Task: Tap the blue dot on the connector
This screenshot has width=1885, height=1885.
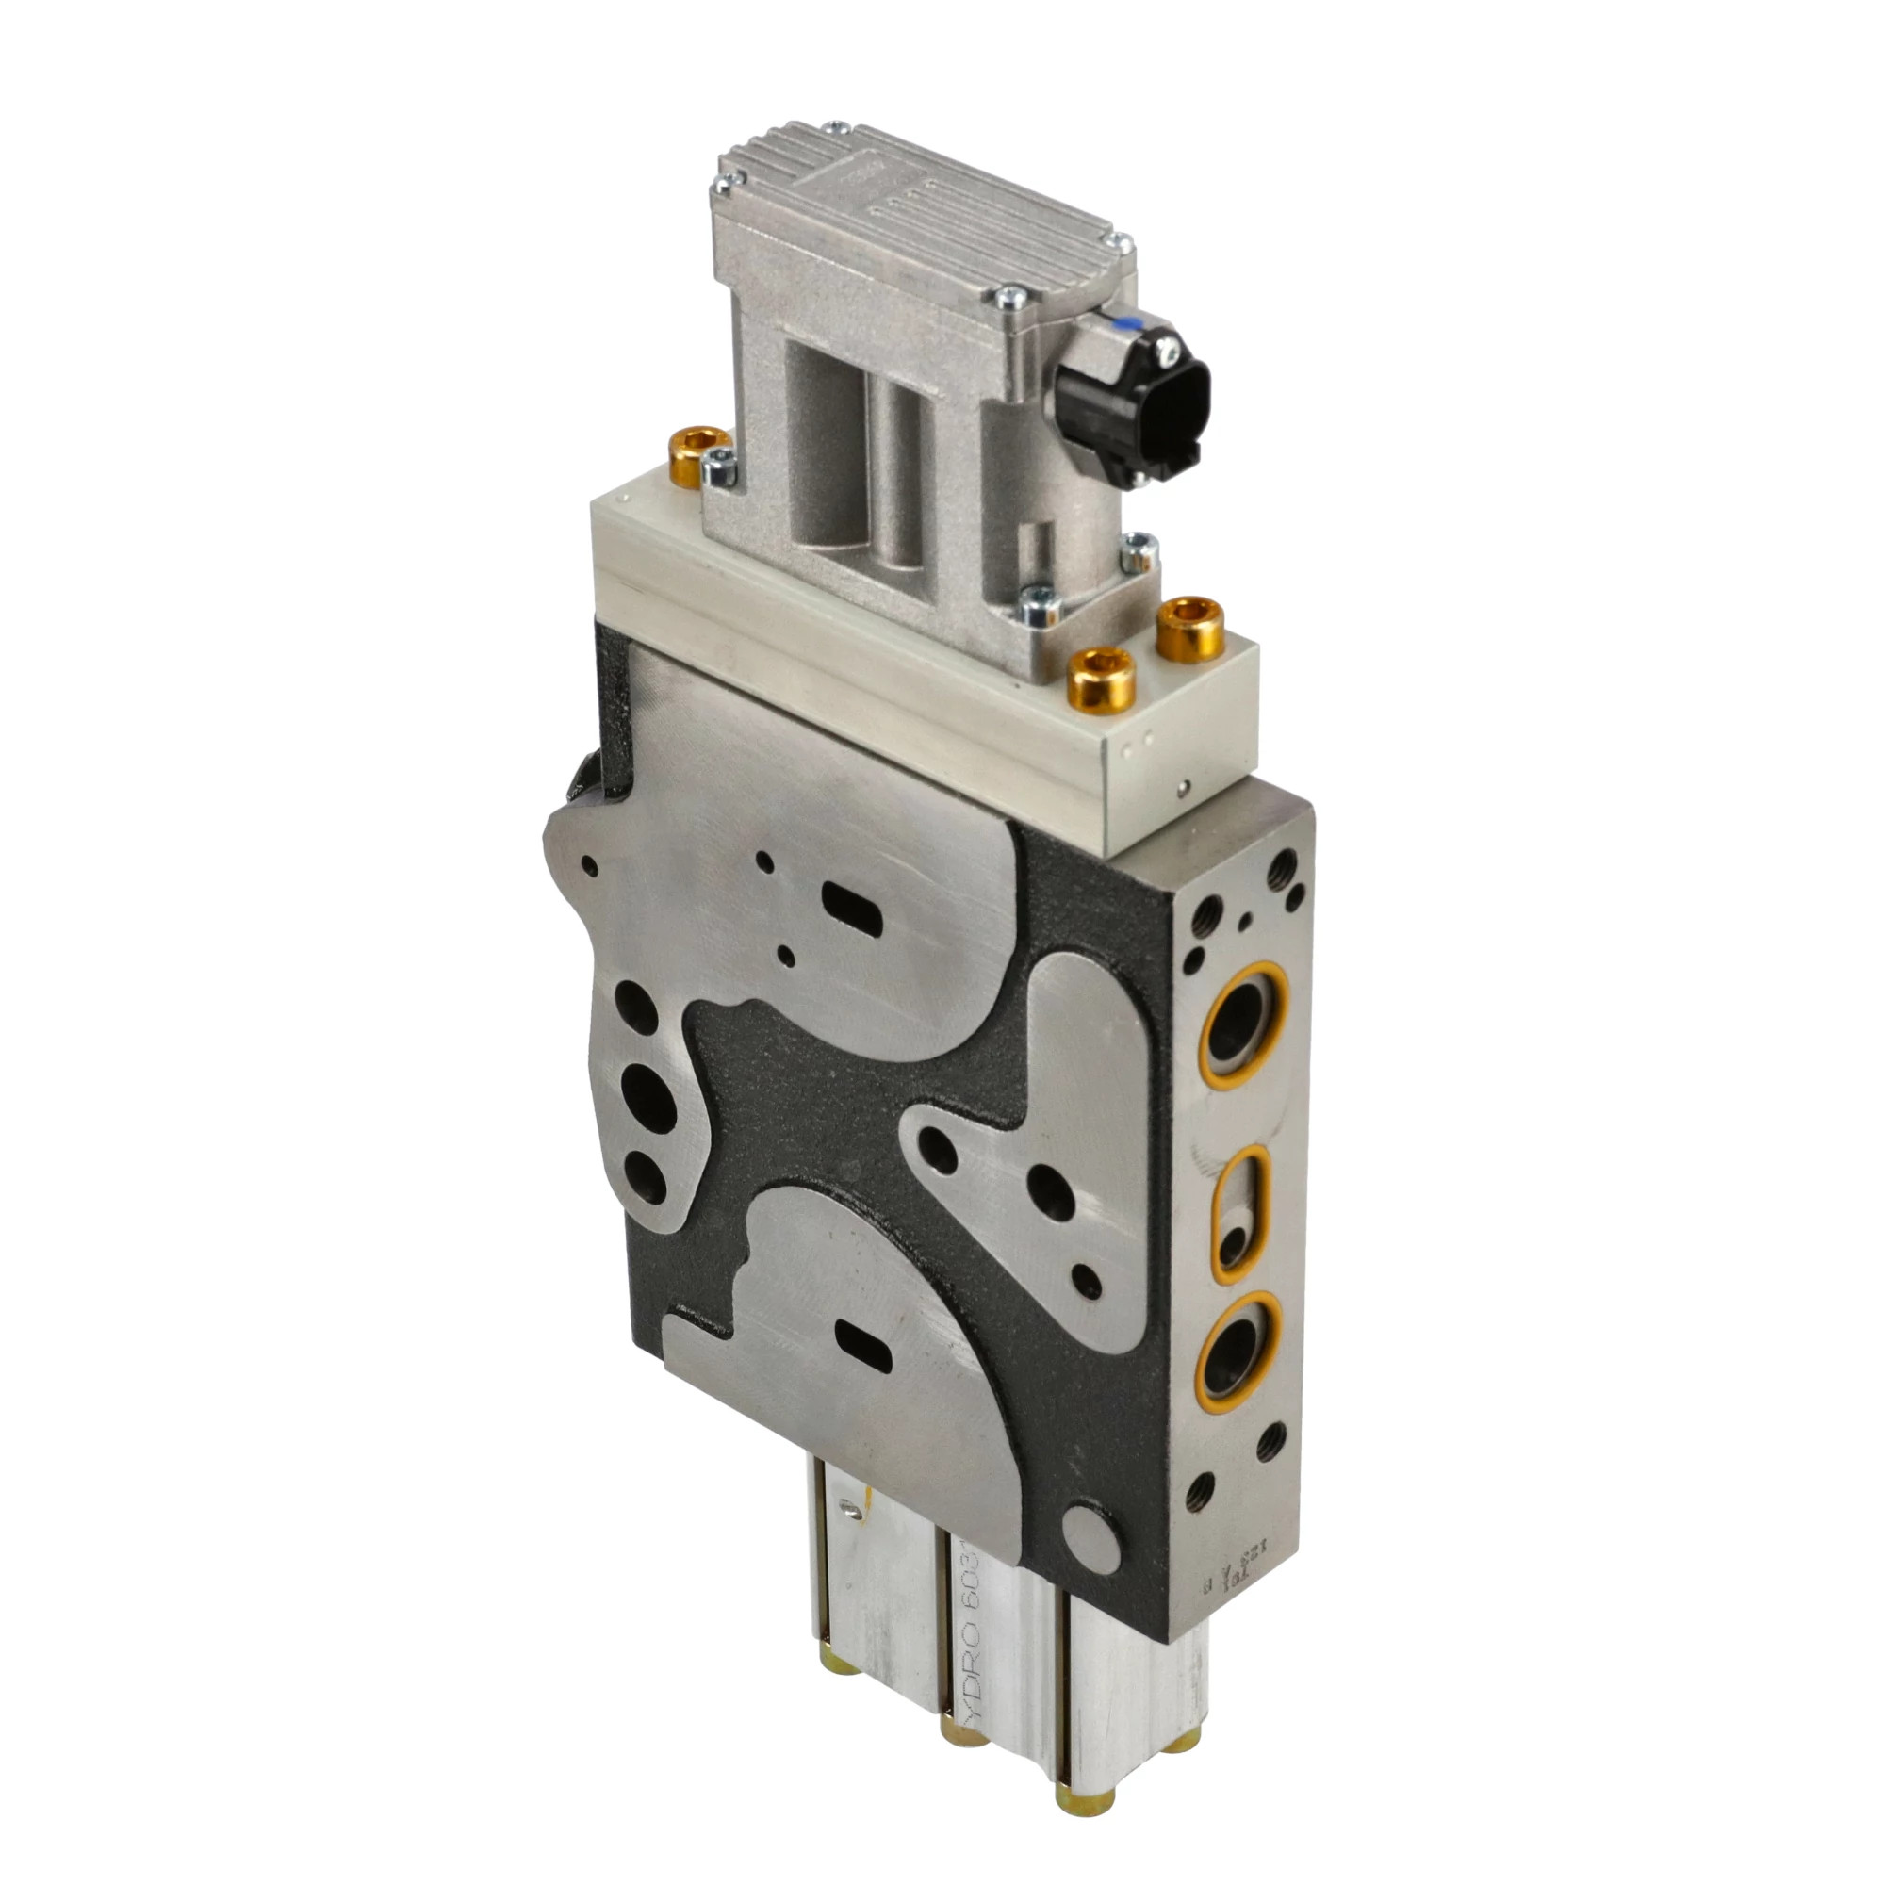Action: click(1127, 331)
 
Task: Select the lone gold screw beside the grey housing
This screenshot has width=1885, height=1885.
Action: click(696, 454)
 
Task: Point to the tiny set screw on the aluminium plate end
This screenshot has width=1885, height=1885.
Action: click(1184, 788)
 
